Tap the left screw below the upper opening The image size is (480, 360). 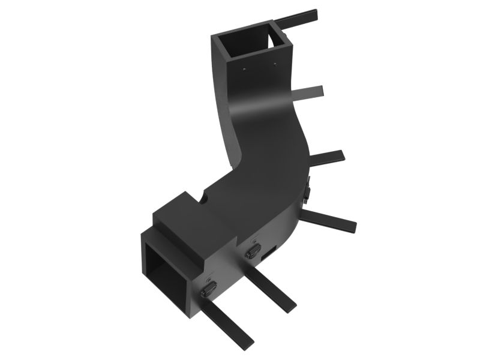pos(245,70)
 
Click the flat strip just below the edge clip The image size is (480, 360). pos(330,220)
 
